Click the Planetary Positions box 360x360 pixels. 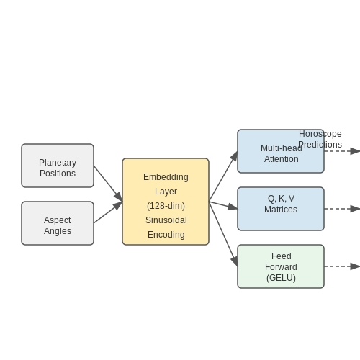[x=58, y=166]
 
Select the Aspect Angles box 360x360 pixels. [x=58, y=223]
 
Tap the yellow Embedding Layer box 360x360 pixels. [x=166, y=202]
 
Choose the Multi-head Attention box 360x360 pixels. [x=281, y=151]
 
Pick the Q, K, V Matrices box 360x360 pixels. [x=281, y=209]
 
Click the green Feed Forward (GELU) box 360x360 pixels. [x=281, y=266]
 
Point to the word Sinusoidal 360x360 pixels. [x=166, y=220]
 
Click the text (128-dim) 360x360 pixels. [x=166, y=206]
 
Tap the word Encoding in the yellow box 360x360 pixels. [x=166, y=235]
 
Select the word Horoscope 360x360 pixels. [x=320, y=134]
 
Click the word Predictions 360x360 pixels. [x=320, y=145]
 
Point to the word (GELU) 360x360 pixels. [x=281, y=278]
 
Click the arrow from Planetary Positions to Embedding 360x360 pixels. [x=108, y=184]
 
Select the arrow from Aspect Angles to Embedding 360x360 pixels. [x=108, y=212]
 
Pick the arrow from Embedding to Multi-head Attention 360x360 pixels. [x=223, y=176]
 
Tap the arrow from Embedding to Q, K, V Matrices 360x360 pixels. [x=223, y=205]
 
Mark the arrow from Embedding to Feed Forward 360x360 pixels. [x=223, y=234]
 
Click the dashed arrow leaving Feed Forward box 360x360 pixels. [x=342, y=266]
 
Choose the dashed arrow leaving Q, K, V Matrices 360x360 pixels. [x=342, y=209]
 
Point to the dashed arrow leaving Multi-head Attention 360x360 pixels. [x=342, y=151]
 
